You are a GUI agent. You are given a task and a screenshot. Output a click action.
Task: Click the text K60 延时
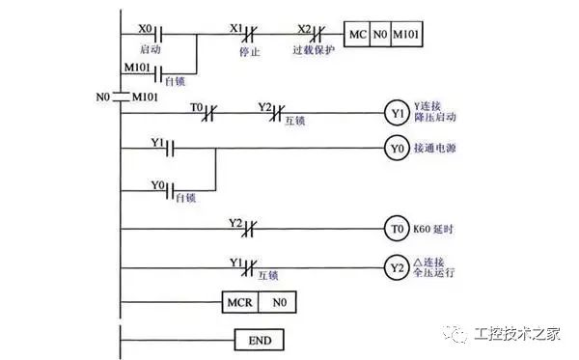[434, 230]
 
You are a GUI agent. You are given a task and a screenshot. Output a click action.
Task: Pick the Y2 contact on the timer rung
[247, 230]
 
